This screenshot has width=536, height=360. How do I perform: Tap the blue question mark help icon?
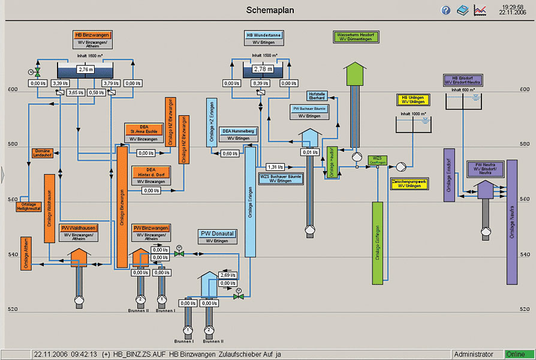[x=445, y=10]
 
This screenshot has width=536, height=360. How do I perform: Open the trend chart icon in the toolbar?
[x=480, y=10]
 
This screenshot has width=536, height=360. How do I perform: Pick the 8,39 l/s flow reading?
[x=260, y=83]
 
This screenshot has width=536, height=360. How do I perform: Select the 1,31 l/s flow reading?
[x=275, y=167]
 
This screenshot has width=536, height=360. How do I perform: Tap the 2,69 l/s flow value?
[x=228, y=275]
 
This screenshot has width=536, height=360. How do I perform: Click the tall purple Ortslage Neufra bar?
[x=511, y=222]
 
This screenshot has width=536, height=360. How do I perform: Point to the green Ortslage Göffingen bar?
[x=377, y=243]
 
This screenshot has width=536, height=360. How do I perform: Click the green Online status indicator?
[x=518, y=355]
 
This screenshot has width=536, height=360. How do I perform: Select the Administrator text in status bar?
[x=474, y=355]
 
